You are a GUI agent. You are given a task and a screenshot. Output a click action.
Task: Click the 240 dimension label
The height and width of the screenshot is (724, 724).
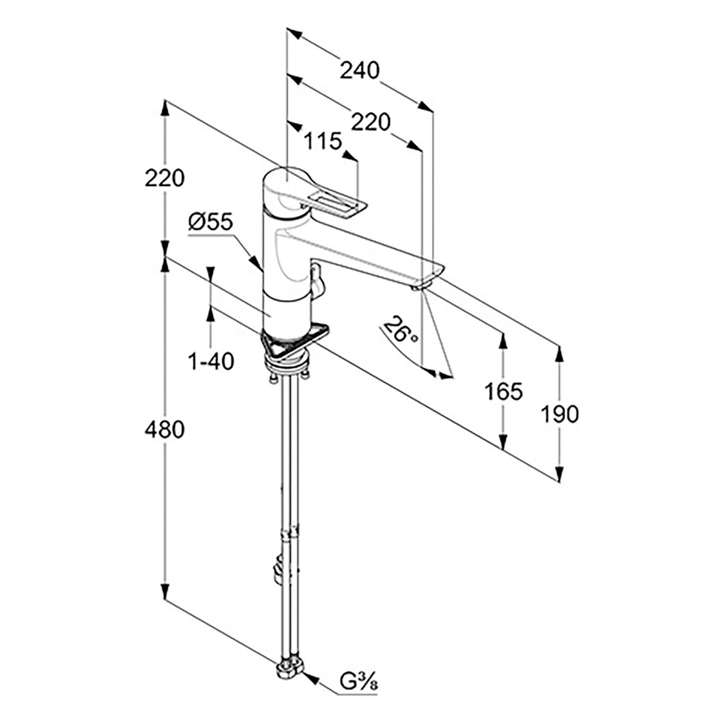coord(360,70)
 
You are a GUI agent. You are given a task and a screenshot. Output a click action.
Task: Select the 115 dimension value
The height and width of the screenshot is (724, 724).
coord(323,141)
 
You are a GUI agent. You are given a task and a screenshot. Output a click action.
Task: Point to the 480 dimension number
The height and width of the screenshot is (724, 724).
coord(165,430)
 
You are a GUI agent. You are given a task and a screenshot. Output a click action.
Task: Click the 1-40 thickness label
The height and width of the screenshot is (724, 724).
coord(211,361)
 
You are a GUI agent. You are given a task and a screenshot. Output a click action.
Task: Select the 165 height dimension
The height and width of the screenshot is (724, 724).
coord(503,391)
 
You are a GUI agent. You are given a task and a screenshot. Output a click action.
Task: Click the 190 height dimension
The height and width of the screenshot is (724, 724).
coord(559,414)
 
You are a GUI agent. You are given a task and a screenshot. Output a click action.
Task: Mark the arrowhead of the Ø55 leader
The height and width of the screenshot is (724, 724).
coord(259,265)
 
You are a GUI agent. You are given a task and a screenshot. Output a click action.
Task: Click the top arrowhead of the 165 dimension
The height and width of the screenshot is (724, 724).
coord(503,340)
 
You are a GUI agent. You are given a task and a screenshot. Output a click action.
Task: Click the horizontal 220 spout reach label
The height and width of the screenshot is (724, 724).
coord(370,122)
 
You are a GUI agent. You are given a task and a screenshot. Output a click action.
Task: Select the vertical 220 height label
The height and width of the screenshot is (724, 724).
coord(165,179)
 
